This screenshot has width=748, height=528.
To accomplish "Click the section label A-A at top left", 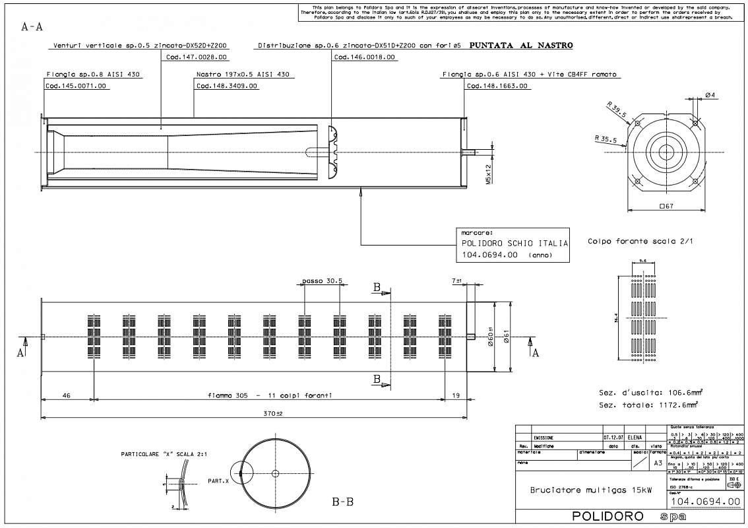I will pos(32,28).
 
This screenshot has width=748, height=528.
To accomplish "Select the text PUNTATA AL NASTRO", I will pos(520,46).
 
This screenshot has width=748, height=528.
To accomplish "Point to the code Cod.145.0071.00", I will pos(76,86).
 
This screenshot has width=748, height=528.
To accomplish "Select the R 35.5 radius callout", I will pos(605,139).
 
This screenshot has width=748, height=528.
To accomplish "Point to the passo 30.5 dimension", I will pos(322,280).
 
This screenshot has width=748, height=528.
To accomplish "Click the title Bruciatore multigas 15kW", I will pos(582,490).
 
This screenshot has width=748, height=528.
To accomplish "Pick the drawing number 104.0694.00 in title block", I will pos(705,501).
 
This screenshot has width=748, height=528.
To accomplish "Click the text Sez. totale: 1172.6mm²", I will pos(648,405).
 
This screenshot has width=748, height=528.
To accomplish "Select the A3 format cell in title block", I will pos(658,463).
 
